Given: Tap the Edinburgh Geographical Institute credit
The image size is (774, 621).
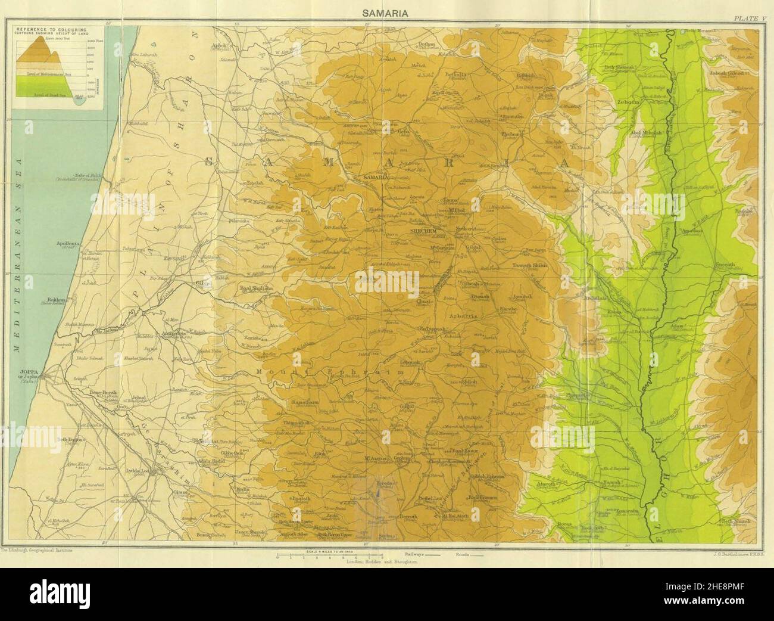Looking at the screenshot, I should [37, 551].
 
